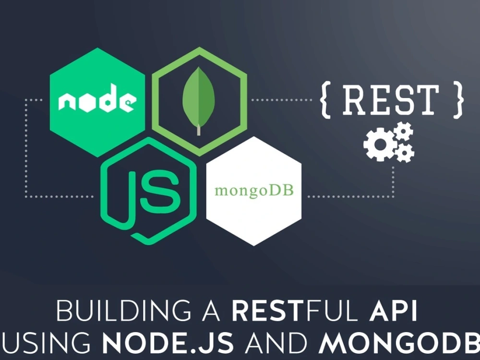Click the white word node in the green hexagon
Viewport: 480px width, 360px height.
click(x=97, y=98)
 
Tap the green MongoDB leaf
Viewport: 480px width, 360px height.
click(x=199, y=98)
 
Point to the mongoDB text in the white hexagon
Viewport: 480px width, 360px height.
click(x=254, y=191)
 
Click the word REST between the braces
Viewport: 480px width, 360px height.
click(x=390, y=100)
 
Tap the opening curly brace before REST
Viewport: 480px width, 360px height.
click(x=326, y=100)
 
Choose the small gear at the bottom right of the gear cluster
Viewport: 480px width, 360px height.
click(x=405, y=152)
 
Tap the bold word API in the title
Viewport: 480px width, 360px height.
click(x=393, y=311)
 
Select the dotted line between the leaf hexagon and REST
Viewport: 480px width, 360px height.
click(x=281, y=100)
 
